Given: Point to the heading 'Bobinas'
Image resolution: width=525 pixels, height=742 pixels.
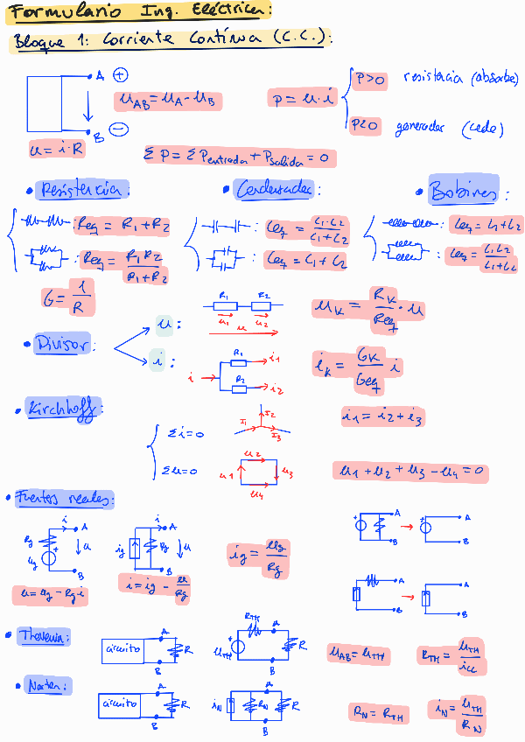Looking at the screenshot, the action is [x=464, y=192].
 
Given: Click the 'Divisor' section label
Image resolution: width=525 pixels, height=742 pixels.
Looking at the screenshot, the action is [x=62, y=345].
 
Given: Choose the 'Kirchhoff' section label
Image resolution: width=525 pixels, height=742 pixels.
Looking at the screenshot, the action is [x=65, y=409].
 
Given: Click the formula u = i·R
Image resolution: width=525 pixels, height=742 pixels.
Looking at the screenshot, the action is [x=58, y=149].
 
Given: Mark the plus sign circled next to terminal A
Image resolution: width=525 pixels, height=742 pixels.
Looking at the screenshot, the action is [x=120, y=76].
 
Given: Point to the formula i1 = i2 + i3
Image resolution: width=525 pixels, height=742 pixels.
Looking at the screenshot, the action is [x=383, y=417].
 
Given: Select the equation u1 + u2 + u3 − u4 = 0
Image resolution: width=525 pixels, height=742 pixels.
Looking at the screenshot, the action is [x=409, y=472].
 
